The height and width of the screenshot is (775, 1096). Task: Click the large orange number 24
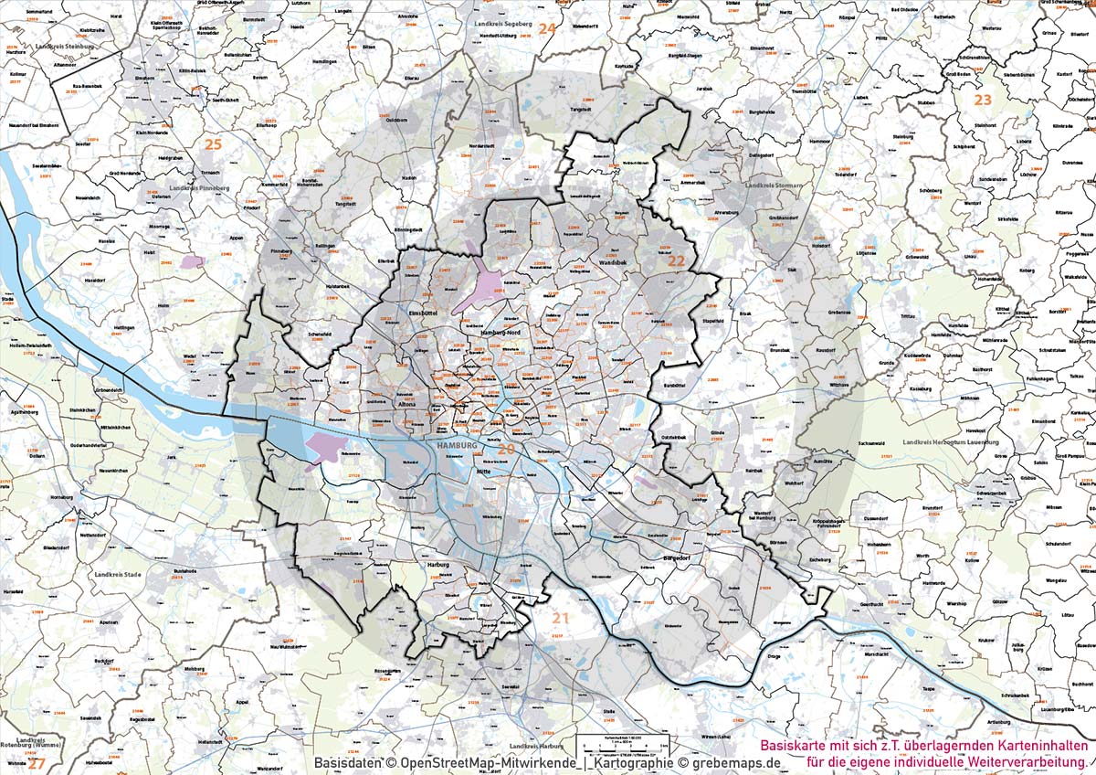click(546, 28)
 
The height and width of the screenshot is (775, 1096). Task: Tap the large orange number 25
click(213, 143)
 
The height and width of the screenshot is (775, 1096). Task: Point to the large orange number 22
click(676, 261)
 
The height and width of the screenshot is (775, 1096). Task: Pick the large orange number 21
click(560, 619)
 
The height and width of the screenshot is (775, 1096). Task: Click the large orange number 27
click(35, 762)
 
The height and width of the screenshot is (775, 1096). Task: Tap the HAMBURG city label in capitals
click(458, 445)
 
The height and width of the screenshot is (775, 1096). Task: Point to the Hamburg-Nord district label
click(500, 334)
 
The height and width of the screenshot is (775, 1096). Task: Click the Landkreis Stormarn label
click(774, 186)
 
